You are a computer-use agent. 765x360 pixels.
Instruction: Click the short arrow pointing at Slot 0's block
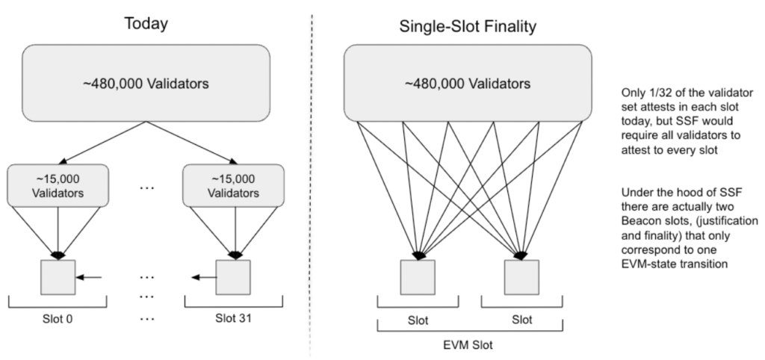[89, 278]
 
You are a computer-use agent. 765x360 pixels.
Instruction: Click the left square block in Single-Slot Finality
[417, 277]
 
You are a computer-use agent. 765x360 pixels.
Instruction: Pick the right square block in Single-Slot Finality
[522, 277]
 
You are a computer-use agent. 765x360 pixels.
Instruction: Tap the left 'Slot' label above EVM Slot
[417, 320]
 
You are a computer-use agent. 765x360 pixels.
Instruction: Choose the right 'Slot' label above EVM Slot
[521, 320]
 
